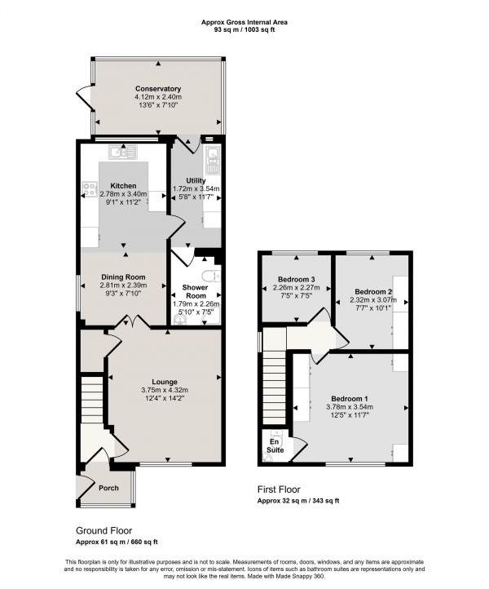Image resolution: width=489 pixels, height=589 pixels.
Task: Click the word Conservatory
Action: coord(158,89)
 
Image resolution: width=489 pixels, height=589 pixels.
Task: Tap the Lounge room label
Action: coord(164,381)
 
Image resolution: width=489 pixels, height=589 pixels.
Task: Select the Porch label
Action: coord(108,488)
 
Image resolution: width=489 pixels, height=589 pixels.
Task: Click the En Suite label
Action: coord(275,445)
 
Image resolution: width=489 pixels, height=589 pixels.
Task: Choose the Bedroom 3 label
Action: coord(297,280)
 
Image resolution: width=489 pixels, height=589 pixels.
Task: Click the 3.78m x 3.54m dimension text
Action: coord(350,407)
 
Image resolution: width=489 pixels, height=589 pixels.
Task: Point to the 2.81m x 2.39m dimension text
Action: coord(123,286)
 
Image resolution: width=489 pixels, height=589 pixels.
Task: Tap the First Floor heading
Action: coord(281,490)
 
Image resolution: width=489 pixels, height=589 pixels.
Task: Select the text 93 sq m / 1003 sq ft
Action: coord(244,29)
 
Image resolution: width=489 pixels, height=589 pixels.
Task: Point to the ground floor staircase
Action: coord(91,399)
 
